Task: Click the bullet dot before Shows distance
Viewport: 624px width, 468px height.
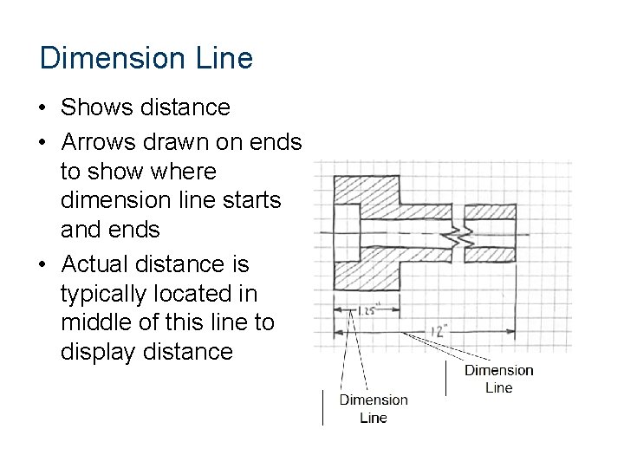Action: (42, 108)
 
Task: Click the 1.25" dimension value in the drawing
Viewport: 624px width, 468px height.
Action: (370, 309)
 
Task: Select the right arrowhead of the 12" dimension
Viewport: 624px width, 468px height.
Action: (511, 331)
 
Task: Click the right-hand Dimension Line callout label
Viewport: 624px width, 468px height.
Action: (498, 379)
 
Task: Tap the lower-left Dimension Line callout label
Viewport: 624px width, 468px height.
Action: (373, 408)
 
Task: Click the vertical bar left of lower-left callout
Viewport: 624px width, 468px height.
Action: (322, 407)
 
